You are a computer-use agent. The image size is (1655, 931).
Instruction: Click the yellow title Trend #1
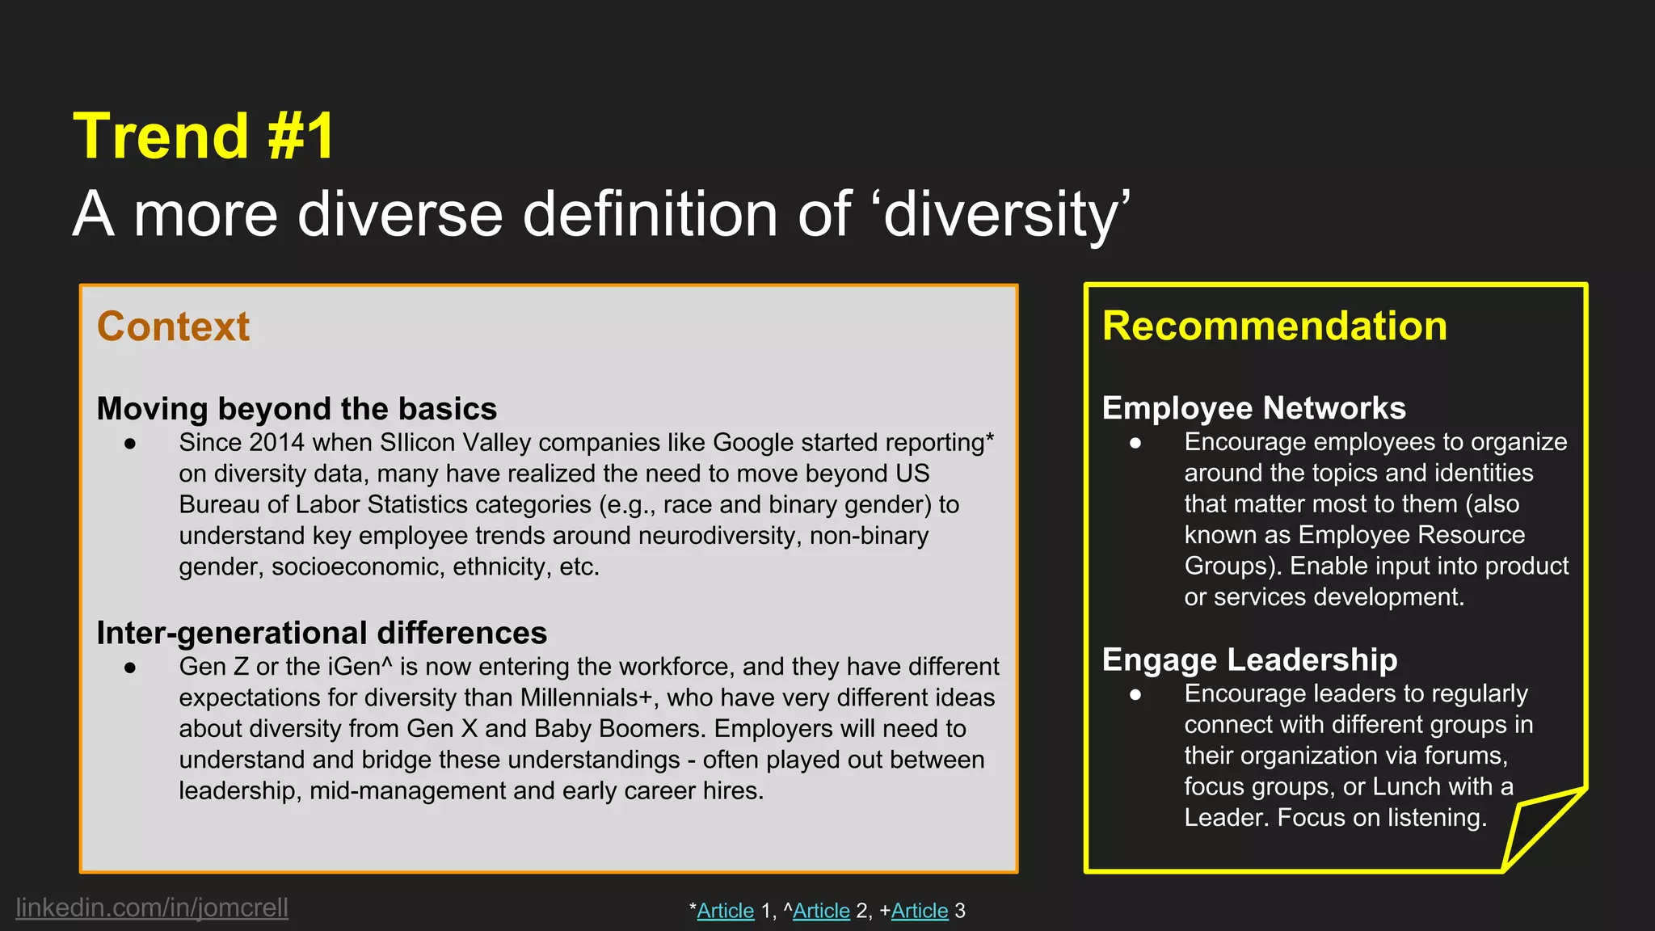[204, 136]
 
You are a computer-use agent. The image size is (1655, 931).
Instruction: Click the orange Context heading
[173, 326]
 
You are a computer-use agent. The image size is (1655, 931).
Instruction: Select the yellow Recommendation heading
[1274, 326]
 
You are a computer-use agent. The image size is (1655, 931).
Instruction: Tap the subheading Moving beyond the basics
[297, 409]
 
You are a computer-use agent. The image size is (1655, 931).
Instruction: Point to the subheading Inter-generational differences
[322, 633]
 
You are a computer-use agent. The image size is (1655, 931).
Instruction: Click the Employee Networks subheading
[1253, 408]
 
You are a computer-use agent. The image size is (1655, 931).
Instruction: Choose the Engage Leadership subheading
[1249, 659]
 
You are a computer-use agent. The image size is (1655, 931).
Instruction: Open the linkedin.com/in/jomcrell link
[152, 908]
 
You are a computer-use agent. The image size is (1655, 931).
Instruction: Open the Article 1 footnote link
[725, 911]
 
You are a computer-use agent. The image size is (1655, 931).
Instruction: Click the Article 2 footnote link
[821, 911]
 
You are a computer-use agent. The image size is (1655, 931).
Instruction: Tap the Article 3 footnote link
[920, 911]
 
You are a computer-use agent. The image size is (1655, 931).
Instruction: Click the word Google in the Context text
[753, 443]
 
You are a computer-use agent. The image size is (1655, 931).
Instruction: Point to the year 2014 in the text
[276, 443]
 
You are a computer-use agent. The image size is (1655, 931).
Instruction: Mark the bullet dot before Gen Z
[130, 668]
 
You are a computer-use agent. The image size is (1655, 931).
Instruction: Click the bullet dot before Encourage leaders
[1135, 694]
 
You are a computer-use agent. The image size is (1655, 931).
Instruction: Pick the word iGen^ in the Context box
[360, 667]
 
